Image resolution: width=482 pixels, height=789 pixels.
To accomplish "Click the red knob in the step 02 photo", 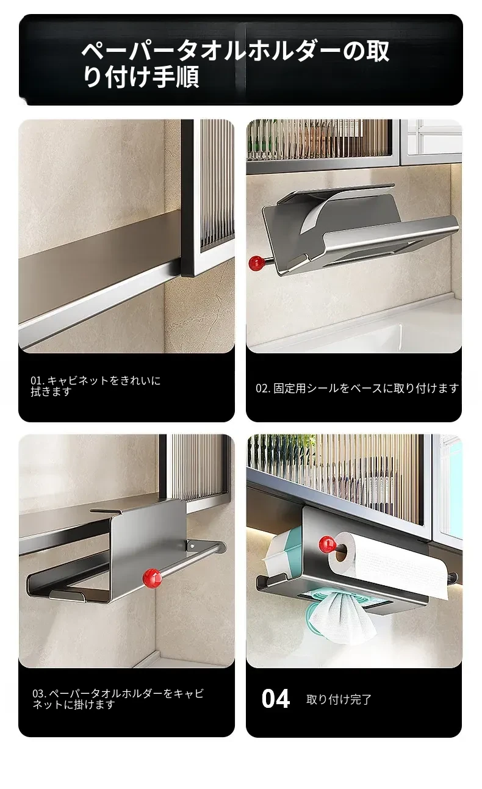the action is [x=257, y=263].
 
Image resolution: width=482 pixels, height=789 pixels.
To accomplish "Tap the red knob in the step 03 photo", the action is [x=152, y=578].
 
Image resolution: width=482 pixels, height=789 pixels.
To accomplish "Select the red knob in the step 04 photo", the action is [x=327, y=544].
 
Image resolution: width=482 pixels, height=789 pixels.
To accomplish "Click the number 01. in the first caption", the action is [x=37, y=380].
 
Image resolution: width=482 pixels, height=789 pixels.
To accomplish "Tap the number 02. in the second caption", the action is [x=263, y=388].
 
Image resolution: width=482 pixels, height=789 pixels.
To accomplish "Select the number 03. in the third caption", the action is [x=40, y=694].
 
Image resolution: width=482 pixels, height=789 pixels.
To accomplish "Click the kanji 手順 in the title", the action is [x=176, y=76].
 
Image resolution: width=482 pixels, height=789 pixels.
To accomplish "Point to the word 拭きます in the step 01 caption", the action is [x=51, y=392].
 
